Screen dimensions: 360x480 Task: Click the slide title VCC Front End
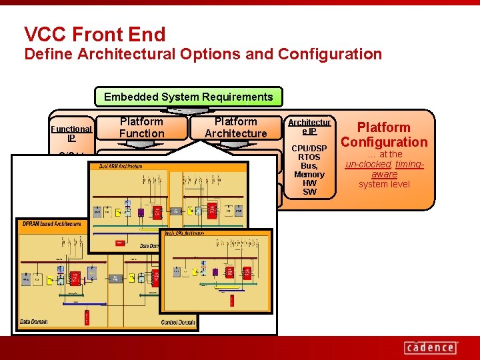click(x=94, y=34)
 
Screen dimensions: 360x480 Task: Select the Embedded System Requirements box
click(x=188, y=97)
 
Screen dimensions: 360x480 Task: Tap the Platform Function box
click(x=141, y=127)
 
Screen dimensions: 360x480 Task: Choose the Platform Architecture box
click(x=235, y=127)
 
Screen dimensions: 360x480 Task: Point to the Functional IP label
click(x=71, y=133)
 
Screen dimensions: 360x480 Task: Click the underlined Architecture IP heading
click(x=309, y=127)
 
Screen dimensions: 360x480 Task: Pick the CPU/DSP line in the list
click(x=309, y=149)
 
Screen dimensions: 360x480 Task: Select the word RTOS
click(x=309, y=157)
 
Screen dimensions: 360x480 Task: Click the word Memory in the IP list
click(x=309, y=175)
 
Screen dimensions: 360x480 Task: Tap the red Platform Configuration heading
click(x=384, y=134)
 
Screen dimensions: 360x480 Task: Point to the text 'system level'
click(x=384, y=184)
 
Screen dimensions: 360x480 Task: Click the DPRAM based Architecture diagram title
click(x=52, y=223)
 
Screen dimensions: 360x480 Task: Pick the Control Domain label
click(x=177, y=323)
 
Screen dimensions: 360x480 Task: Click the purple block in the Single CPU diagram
click(x=215, y=272)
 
